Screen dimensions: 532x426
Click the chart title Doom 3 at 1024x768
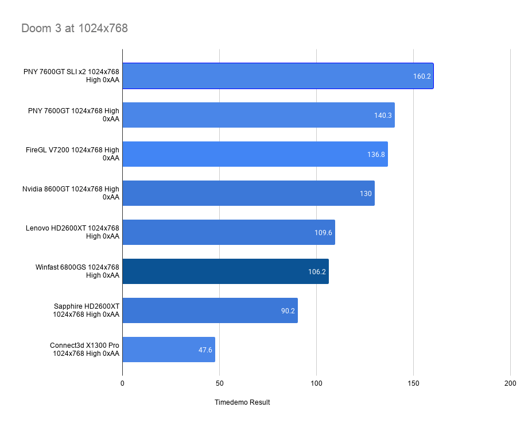(x=74, y=28)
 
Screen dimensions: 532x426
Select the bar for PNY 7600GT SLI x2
(x=278, y=76)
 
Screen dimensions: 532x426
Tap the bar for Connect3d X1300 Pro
(x=169, y=350)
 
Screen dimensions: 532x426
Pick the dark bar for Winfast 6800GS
(x=226, y=271)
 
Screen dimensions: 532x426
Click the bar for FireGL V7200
(x=255, y=154)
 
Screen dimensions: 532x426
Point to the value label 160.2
(x=422, y=76)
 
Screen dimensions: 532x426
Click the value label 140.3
(x=383, y=115)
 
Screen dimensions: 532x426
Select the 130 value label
(x=366, y=193)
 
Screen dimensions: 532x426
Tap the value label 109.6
(x=323, y=233)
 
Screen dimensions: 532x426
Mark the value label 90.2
(x=288, y=311)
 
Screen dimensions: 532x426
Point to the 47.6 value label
(x=205, y=350)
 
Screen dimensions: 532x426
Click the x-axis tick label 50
(x=220, y=383)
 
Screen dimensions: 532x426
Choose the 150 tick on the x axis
(x=413, y=383)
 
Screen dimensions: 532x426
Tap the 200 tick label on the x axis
(x=510, y=383)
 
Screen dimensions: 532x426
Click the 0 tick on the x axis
(x=122, y=383)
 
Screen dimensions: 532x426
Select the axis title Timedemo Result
(x=242, y=402)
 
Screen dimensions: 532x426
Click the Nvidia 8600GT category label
(x=71, y=193)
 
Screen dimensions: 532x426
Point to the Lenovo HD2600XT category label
(x=72, y=232)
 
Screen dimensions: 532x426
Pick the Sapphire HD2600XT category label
(x=86, y=310)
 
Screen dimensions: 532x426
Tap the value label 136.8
(x=376, y=154)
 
